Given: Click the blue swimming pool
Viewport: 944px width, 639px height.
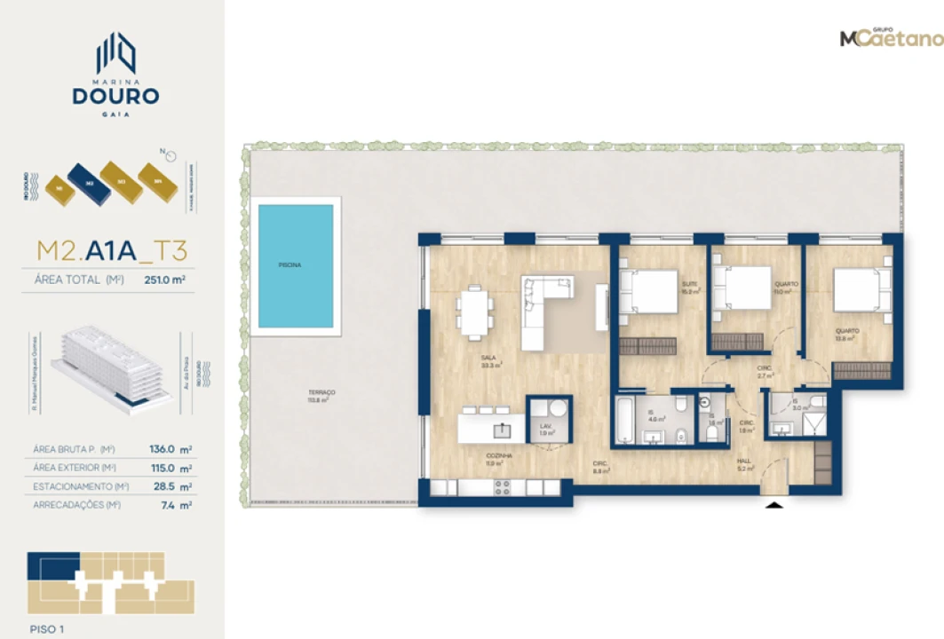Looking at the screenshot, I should [296, 265].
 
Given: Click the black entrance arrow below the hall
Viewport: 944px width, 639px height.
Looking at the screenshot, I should [775, 505].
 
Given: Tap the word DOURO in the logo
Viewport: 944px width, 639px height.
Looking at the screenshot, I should [116, 96].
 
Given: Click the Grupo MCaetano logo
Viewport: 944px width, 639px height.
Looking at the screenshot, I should [891, 38].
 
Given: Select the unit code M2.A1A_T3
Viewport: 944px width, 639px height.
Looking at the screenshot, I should [112, 251].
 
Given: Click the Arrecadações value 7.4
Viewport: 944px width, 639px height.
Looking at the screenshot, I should [167, 505].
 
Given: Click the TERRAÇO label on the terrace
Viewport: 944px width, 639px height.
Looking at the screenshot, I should [322, 393].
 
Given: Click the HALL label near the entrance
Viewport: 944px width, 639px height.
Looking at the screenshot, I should [743, 461].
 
